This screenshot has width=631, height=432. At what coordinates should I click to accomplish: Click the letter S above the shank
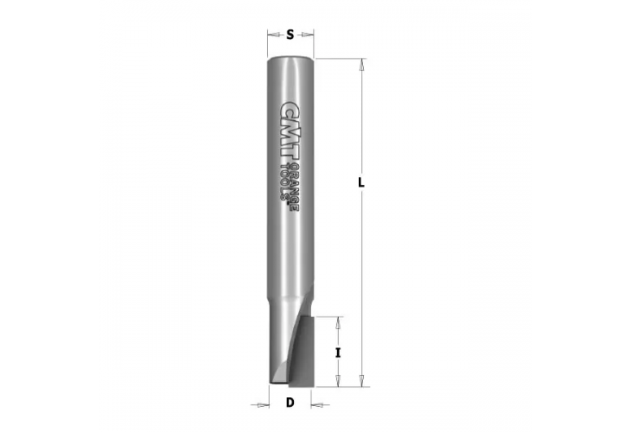[290, 35]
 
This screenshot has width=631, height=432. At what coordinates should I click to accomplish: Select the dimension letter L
[362, 183]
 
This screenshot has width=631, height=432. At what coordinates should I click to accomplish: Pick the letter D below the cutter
[290, 403]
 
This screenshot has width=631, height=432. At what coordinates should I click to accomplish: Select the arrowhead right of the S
[312, 35]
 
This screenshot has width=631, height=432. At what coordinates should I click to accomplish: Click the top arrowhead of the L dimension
[362, 61]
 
